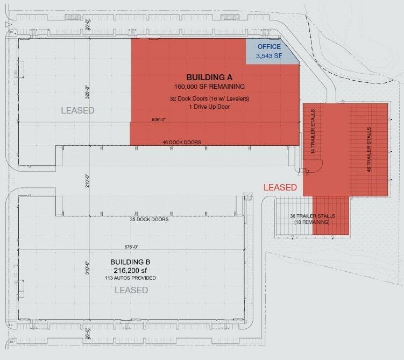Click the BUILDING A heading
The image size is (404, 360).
(x=209, y=77)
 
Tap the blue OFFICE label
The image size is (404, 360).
(x=269, y=47)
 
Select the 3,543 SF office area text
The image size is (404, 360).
(x=269, y=55)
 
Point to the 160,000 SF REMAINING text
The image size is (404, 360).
(x=209, y=86)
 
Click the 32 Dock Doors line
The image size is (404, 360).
(x=209, y=98)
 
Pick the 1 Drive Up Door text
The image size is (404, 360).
(x=209, y=107)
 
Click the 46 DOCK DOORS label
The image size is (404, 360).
(x=182, y=142)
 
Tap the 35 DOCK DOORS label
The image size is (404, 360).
(x=149, y=220)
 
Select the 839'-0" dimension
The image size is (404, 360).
(x=159, y=119)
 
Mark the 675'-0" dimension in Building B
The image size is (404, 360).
(x=131, y=246)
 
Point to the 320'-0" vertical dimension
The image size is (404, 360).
(x=87, y=92)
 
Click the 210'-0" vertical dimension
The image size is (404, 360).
(x=87, y=181)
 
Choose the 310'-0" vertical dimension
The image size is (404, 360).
(x=87, y=268)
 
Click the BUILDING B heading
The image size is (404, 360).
(x=130, y=262)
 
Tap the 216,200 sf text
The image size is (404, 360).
(x=130, y=270)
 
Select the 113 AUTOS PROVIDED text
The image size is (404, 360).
(x=130, y=278)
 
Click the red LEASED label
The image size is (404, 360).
(x=280, y=187)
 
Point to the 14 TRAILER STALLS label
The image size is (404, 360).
(x=313, y=131)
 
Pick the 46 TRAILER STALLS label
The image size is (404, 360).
(x=368, y=150)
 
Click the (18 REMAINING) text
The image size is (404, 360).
(x=312, y=222)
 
